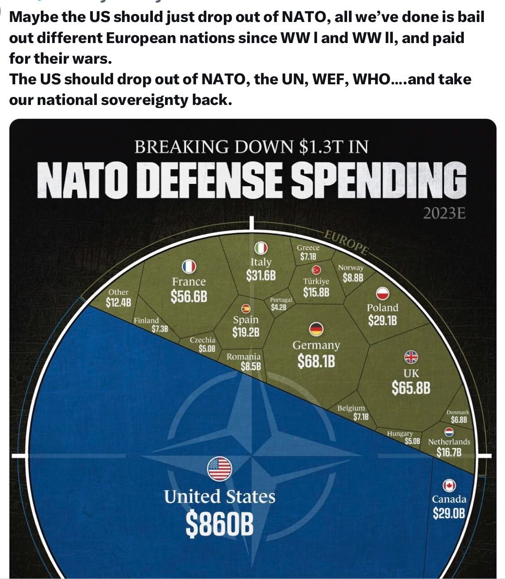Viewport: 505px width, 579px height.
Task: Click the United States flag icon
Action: pos(219,468)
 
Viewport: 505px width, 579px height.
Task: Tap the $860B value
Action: pos(219,524)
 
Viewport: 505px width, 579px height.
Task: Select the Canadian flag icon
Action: pos(449,485)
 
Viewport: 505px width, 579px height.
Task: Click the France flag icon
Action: pos(189,267)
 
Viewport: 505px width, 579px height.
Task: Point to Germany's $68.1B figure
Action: pos(316,361)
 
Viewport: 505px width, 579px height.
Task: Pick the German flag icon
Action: pos(316,329)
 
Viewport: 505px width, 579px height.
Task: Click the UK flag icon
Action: pos(411,357)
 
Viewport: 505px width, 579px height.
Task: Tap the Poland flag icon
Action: pos(382,293)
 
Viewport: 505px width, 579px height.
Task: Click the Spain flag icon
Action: pos(245,308)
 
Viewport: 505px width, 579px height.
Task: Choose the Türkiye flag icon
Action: pos(316,270)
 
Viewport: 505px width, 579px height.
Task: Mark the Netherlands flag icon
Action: pos(449,432)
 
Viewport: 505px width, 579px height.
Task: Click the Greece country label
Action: pos(308,248)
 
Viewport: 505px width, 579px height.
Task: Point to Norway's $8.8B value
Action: pos(353,278)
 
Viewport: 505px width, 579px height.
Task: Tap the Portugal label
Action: pos(281,300)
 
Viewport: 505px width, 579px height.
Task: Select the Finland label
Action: pos(146,321)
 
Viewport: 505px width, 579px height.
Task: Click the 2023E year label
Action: pos(444,213)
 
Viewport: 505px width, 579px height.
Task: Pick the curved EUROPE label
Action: pos(346,242)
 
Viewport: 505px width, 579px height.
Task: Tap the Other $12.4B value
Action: pos(118,302)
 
